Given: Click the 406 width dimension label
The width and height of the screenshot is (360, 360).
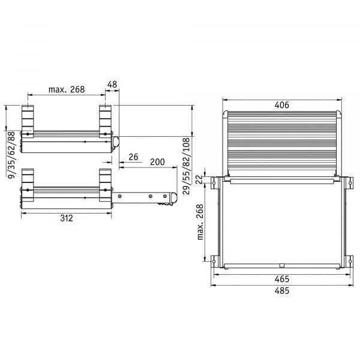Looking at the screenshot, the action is point(282,105).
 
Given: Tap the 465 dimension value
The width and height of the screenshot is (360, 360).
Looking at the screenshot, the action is point(282,279).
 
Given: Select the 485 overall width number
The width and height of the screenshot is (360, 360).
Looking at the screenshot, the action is point(282,291).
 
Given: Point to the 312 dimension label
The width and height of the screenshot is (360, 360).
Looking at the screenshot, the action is point(67,218).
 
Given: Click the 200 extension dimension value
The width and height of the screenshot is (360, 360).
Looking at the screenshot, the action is point(157,162).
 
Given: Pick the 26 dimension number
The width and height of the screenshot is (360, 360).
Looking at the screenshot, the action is point(133,157).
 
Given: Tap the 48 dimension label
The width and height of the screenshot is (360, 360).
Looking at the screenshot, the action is point(112,85).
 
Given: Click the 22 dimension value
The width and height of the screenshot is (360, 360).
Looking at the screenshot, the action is point(199,179).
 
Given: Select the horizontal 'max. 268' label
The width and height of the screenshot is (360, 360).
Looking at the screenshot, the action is point(67,89).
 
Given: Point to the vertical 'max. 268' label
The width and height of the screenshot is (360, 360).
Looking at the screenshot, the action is point(200,222).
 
